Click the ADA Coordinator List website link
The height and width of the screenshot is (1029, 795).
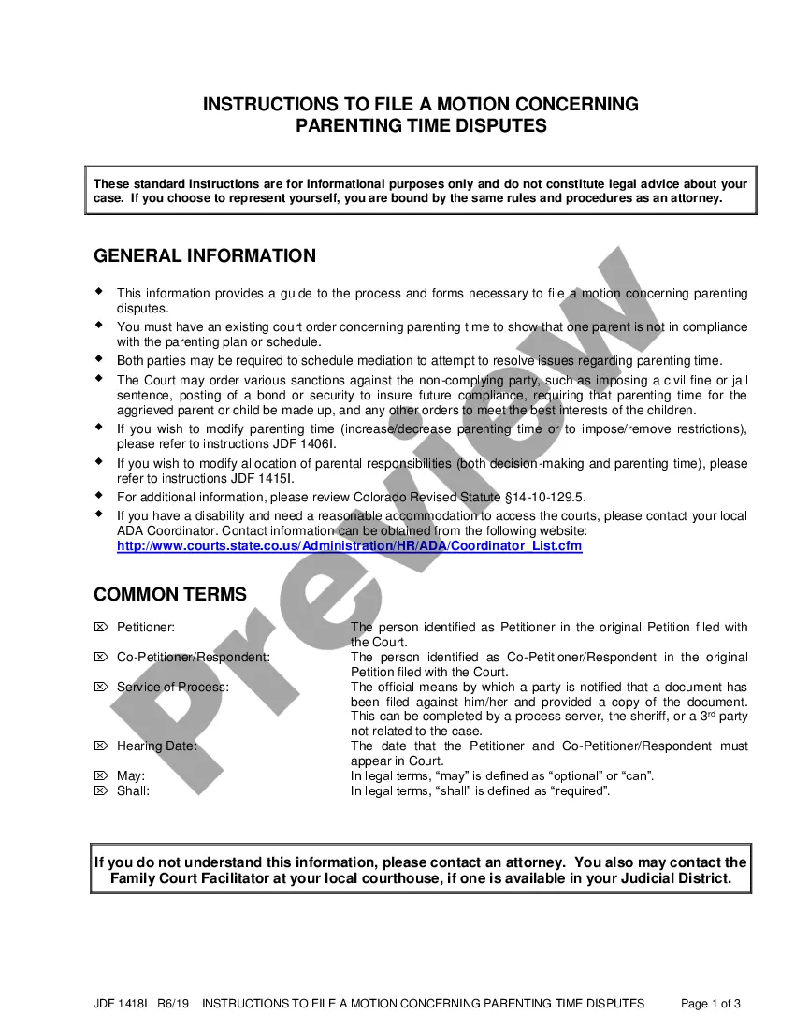[x=349, y=546]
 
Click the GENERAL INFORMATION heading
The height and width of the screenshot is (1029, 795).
[x=205, y=256]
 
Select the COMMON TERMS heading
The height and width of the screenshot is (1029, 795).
[x=170, y=595]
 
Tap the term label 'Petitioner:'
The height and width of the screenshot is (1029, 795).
[x=145, y=627]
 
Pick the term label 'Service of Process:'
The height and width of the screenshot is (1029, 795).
[x=172, y=687]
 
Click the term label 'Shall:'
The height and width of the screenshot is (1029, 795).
[x=133, y=791]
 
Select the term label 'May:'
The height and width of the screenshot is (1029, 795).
[x=131, y=776]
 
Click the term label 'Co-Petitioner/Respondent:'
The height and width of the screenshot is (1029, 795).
[x=194, y=657]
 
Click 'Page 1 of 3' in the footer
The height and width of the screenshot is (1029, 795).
[x=711, y=1004]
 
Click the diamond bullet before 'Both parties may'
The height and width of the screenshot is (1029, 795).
[x=99, y=358]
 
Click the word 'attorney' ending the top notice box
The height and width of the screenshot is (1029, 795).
[x=692, y=198]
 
